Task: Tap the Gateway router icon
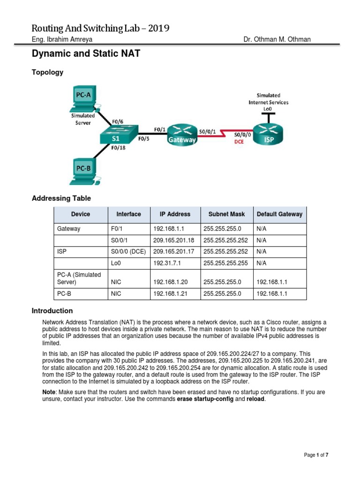coord(183,135)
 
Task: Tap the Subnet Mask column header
coord(227,214)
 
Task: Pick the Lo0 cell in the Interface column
coord(116,263)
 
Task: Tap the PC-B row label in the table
coord(64,294)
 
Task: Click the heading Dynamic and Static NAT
coord(86,54)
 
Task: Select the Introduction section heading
coord(52,311)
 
